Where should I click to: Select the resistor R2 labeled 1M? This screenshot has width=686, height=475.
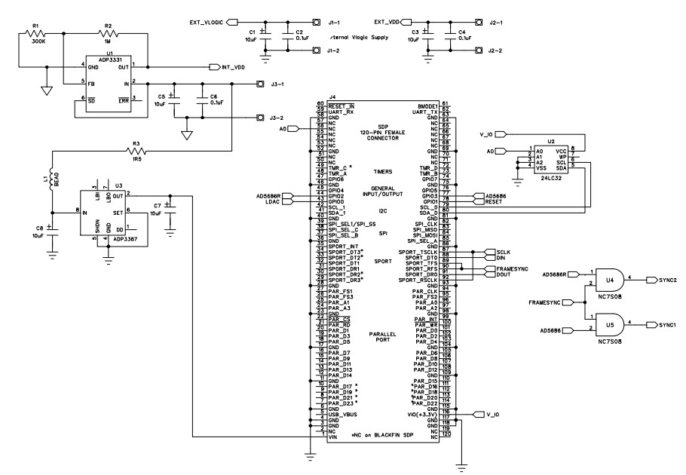107,32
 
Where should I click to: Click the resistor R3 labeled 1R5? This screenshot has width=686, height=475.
136,151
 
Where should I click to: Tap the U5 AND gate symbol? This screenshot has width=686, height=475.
609,325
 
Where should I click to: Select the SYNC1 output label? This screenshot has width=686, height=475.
669,325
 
